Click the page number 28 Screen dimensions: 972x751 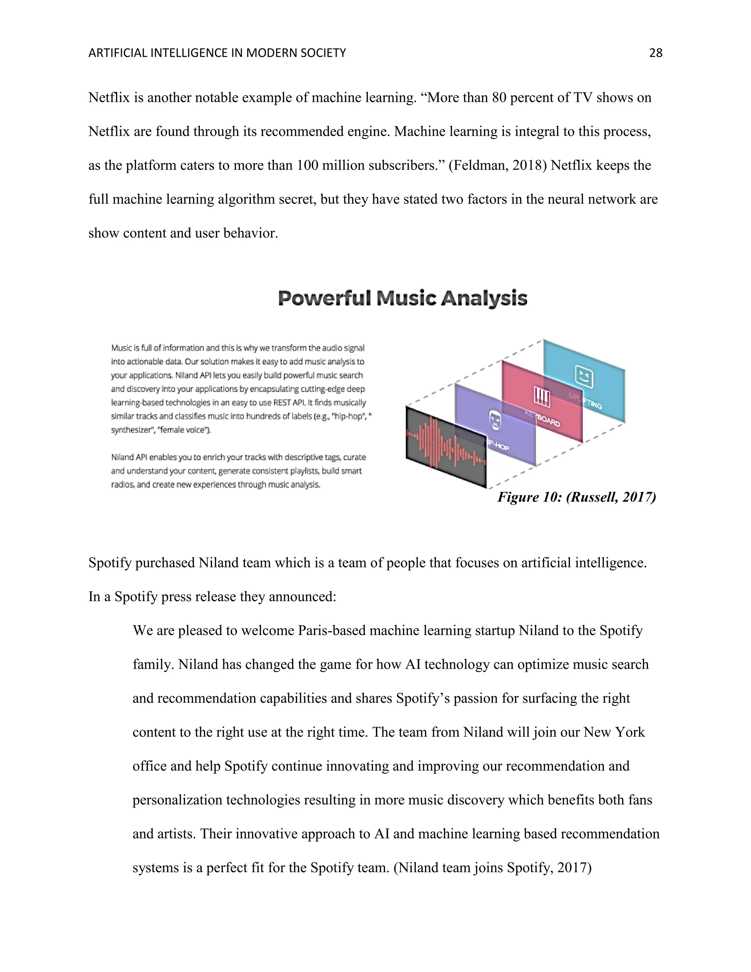click(x=655, y=53)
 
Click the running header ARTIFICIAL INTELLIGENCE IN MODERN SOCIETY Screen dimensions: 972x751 click(x=217, y=53)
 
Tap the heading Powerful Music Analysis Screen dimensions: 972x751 click(x=402, y=298)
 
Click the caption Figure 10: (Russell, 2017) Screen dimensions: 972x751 click(x=576, y=497)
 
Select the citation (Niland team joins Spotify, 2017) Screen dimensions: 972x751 click(x=492, y=868)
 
